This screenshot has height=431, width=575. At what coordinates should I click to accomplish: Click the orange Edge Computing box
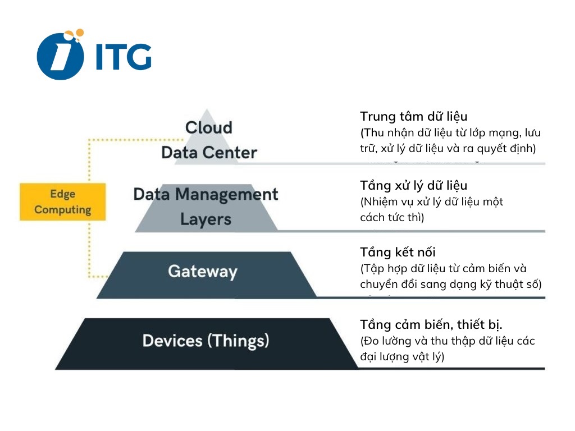(62, 201)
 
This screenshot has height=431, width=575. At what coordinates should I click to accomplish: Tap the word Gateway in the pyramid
(202, 272)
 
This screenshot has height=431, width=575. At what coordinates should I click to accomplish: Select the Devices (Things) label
(206, 341)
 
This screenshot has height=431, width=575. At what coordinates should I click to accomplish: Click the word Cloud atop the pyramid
(208, 127)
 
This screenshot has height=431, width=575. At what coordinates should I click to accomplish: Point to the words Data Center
(209, 152)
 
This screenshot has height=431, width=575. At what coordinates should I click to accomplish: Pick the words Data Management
(206, 195)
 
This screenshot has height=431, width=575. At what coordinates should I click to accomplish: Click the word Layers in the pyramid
(206, 219)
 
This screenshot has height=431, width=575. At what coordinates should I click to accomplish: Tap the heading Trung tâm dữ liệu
(413, 117)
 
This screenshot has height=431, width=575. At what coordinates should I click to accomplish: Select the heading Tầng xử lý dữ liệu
(413, 185)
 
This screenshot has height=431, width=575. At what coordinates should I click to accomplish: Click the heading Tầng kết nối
(398, 253)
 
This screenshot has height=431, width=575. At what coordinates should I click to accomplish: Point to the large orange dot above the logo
(79, 34)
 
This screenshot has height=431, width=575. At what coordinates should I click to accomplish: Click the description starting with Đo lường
(447, 349)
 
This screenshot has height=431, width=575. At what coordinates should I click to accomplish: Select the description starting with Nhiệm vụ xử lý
(431, 209)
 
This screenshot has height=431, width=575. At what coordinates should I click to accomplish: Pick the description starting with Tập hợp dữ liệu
(450, 277)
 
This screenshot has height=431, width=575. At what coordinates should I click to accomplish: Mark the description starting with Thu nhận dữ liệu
(450, 141)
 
